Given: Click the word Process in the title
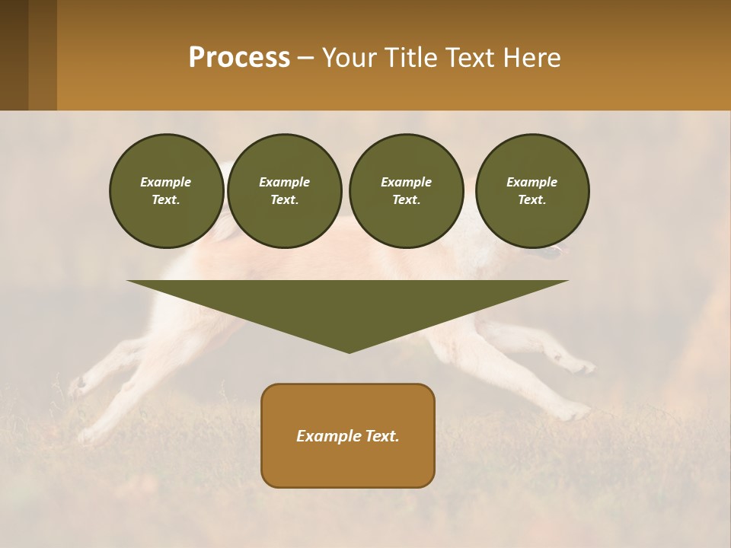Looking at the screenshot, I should click(x=239, y=58).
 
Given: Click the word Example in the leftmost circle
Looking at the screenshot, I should click(x=166, y=182).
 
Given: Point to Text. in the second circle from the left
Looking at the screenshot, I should click(x=284, y=200).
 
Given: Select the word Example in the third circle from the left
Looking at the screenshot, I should click(x=406, y=182).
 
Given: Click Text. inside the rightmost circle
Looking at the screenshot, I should click(x=531, y=200).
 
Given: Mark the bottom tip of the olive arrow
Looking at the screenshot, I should click(x=349, y=351).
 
